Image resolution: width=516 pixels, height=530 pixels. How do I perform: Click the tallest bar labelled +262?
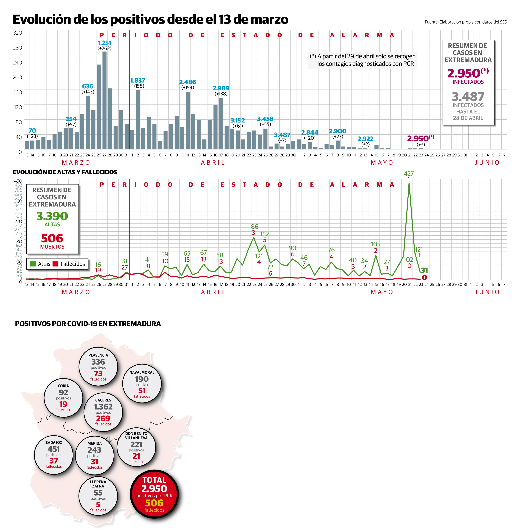(104, 100)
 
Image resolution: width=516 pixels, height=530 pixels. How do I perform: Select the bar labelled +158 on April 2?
(138, 119)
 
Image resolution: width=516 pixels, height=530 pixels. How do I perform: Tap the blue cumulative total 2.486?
(188, 82)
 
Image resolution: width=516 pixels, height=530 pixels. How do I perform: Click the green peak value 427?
(409, 173)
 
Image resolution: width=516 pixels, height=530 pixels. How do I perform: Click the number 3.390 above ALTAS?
(52, 216)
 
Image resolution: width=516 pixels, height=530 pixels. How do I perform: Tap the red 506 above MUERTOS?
(52, 238)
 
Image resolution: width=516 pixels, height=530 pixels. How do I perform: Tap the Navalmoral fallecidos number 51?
(142, 390)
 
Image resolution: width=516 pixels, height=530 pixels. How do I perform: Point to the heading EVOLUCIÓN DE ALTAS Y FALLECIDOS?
(65, 172)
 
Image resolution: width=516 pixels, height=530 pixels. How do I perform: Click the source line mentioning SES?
(466, 22)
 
